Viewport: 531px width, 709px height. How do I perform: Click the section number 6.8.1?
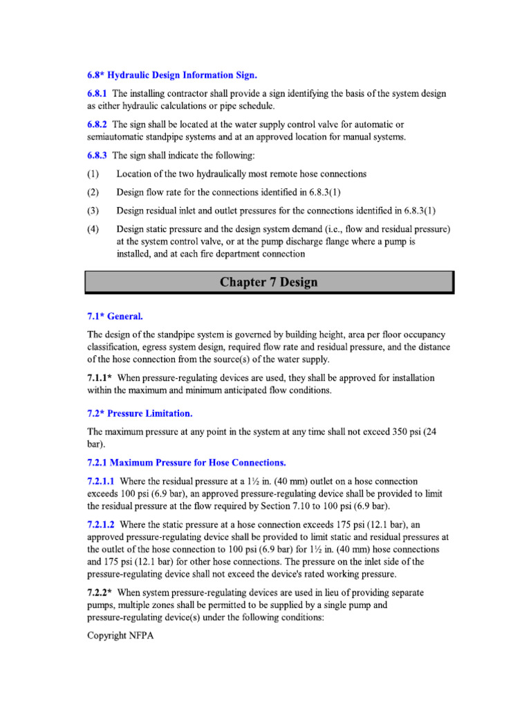pyautogui.click(x=97, y=93)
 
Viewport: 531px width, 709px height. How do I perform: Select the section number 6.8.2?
pyautogui.click(x=97, y=125)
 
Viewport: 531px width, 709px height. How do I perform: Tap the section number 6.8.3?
pyautogui.click(x=97, y=156)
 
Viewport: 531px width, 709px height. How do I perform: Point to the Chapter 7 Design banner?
pyautogui.click(x=269, y=282)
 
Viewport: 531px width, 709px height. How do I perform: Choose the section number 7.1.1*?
pyautogui.click(x=100, y=378)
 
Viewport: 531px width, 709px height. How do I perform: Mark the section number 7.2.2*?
pyautogui.click(x=100, y=593)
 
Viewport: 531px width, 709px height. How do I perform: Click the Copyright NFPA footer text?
pyautogui.click(x=117, y=636)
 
